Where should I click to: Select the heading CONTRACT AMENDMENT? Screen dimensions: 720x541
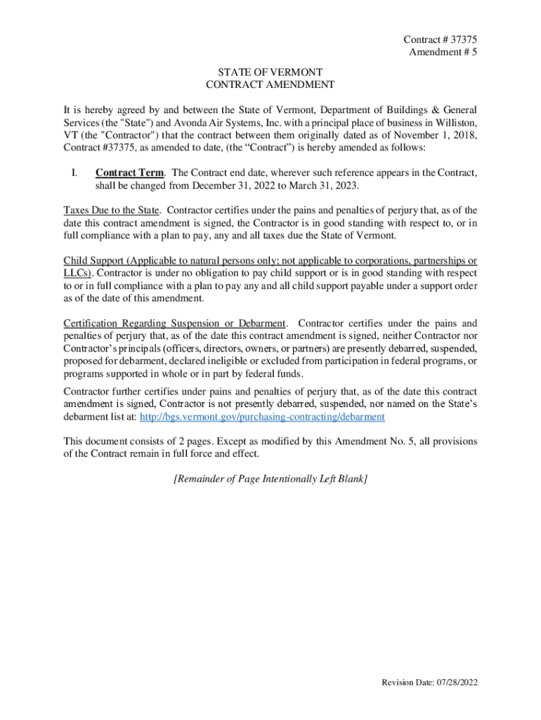[270, 84]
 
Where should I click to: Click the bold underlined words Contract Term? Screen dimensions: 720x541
[131, 173]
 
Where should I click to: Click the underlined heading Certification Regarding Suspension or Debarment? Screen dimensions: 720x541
[175, 324]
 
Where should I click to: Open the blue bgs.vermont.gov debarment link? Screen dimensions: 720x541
[263, 417]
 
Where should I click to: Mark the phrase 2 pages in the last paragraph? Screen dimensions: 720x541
[179, 442]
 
